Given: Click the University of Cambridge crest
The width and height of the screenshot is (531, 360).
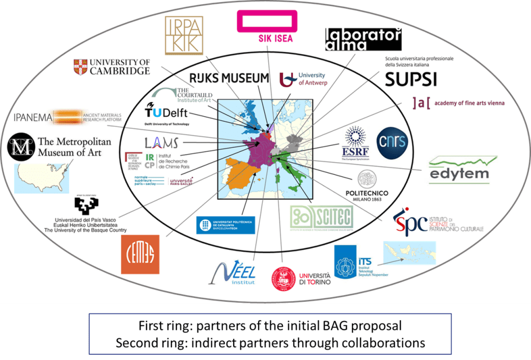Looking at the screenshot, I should click(81, 67).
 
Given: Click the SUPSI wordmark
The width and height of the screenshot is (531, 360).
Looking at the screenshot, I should click(411, 79).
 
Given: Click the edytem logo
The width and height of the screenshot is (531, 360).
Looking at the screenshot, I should click(459, 169).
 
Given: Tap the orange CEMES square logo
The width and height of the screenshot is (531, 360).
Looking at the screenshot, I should click(140, 254).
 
